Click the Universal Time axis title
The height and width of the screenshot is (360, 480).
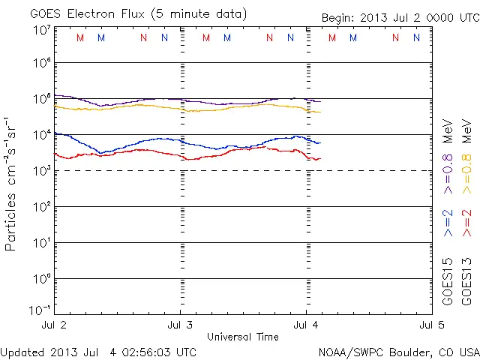pyautogui.click(x=242, y=337)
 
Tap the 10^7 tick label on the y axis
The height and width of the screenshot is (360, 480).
pyautogui.click(x=41, y=30)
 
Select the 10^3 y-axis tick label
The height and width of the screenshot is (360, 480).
pyautogui.click(x=41, y=171)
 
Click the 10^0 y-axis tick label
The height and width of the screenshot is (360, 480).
pyautogui.click(x=41, y=279)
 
